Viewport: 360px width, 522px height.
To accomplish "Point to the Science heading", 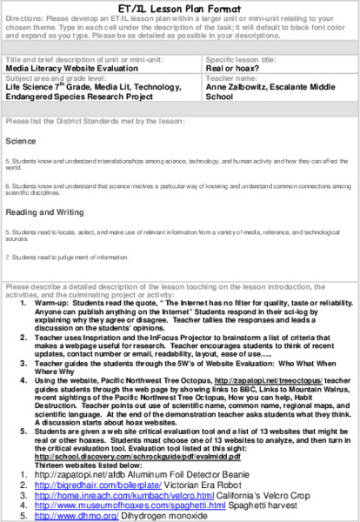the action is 21,140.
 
